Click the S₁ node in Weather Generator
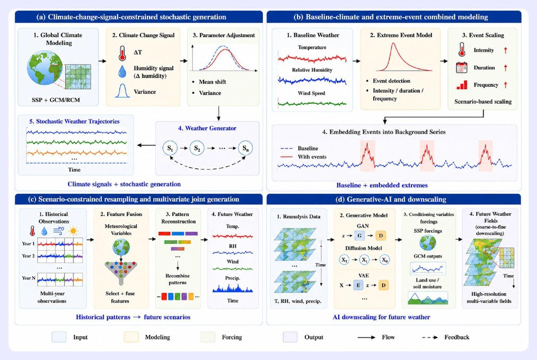170,148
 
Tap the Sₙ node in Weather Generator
245,148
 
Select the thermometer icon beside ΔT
122,53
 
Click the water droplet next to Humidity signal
122,72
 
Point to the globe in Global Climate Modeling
45,68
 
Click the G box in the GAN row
359,235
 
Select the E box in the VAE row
358,285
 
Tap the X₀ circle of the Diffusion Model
385,260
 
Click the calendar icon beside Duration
462,68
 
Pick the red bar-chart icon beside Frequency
462,85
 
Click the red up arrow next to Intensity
506,50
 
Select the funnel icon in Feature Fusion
121,273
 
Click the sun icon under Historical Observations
73,231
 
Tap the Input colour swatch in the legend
59,337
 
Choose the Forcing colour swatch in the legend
208,337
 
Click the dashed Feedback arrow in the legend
430,337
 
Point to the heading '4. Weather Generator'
207,128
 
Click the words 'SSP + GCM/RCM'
56,100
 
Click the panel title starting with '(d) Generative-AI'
394,199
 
